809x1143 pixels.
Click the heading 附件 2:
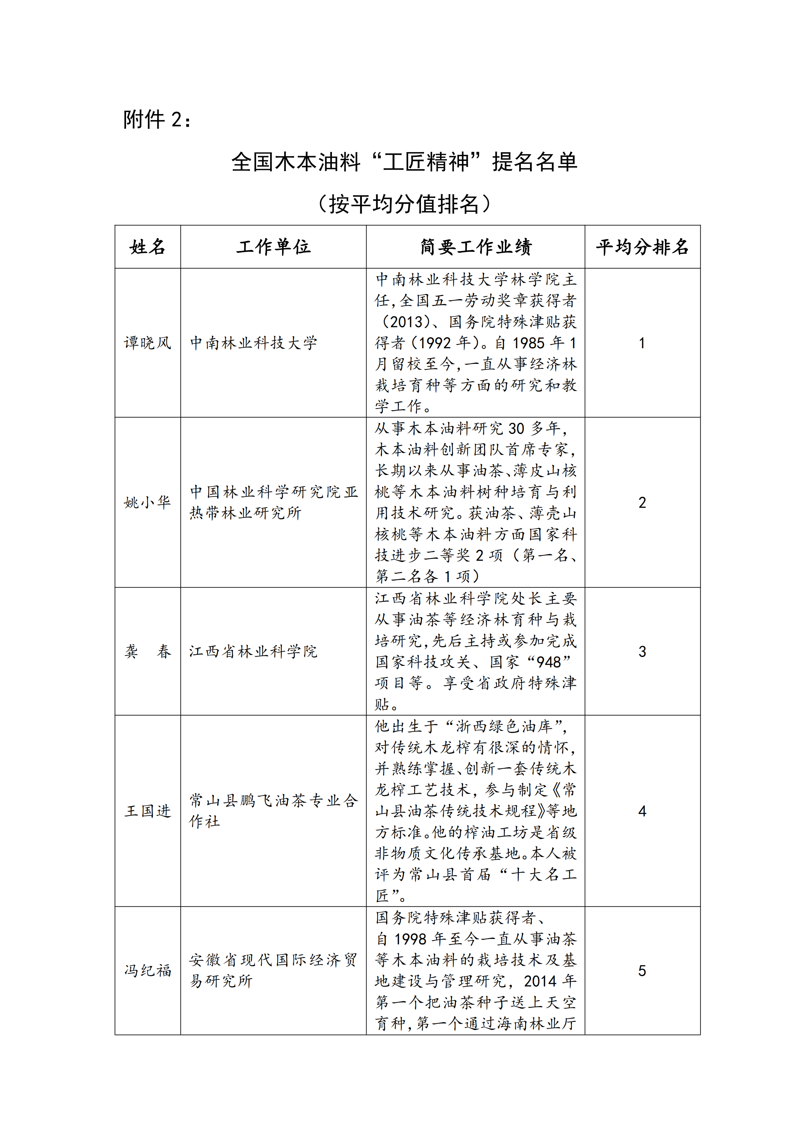coord(157,120)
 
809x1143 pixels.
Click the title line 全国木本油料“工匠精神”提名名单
coord(404,162)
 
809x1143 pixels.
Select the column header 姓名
coord(147,247)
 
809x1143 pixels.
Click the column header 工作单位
coord(274,247)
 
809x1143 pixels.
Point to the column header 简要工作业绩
coord(476,247)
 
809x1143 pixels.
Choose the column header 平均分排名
coord(642,247)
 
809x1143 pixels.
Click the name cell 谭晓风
coord(147,343)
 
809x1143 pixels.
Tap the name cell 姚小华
coord(147,503)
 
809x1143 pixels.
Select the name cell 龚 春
coord(147,652)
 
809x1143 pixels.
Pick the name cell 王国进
coord(147,811)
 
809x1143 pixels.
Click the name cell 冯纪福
coord(147,970)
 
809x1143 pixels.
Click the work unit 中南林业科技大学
coord(253,343)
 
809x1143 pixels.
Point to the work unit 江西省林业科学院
coord(253,652)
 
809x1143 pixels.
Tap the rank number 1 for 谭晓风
coord(642,343)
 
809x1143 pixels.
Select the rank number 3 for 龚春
coord(642,652)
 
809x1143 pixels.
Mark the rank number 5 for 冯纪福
coord(642,970)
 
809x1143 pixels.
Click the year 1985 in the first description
coord(528,343)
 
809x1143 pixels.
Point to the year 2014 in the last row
coord(540,981)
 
